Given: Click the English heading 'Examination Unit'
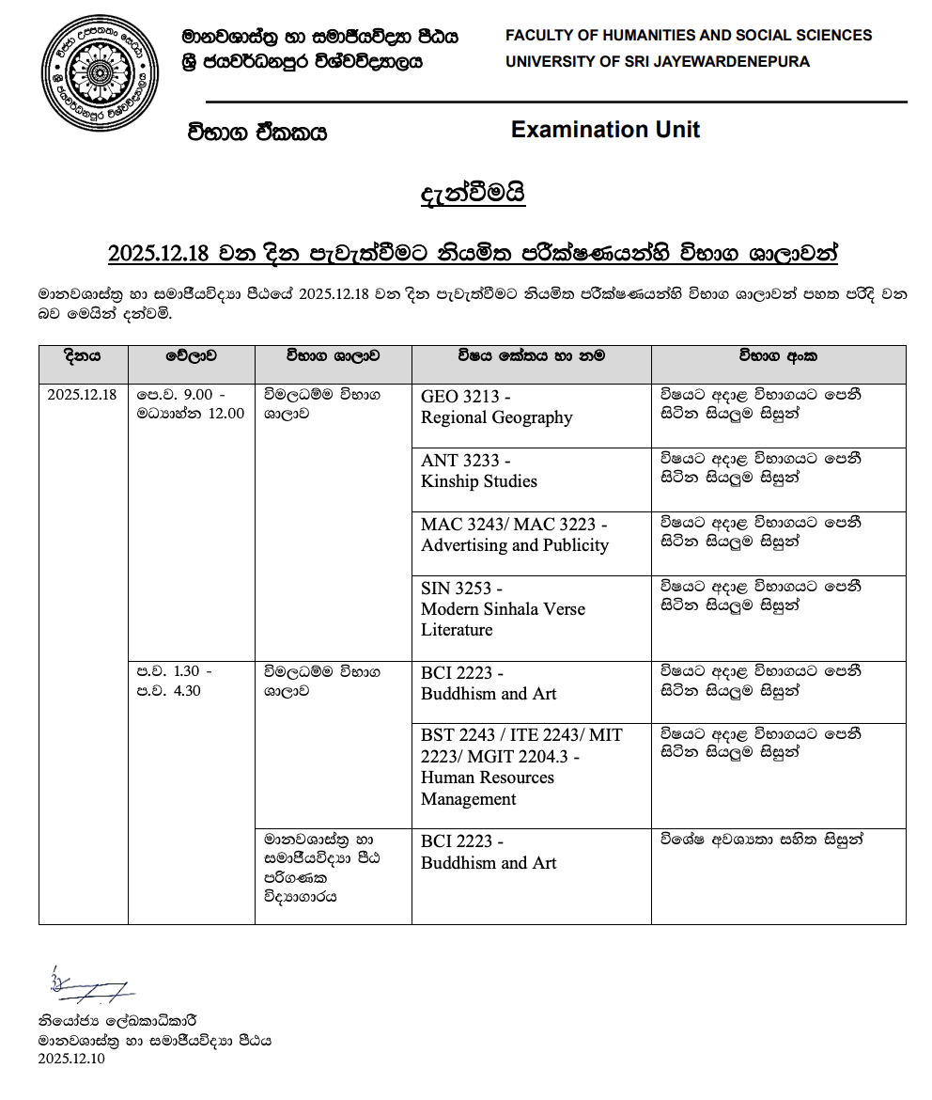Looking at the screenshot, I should point(605,130).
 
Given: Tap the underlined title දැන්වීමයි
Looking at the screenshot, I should point(473,195).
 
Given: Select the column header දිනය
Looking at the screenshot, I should point(83,356).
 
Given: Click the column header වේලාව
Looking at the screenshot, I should point(191,356).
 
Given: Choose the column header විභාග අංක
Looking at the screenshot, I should point(778,356).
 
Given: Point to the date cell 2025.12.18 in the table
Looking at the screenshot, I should point(83,395).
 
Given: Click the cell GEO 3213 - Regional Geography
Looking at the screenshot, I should point(496,407).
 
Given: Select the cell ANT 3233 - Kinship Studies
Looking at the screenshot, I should point(479,471).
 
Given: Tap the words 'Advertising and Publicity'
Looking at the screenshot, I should point(515,545).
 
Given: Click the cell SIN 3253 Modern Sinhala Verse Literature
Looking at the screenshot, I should point(503,609).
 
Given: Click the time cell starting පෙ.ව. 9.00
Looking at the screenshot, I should point(190,403).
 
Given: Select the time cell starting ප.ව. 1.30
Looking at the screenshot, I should point(175,682).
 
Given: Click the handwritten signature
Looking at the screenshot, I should point(87,985).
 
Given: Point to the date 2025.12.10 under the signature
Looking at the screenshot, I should point(71,1059).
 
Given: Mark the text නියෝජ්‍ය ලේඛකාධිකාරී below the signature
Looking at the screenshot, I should point(118,1021).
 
